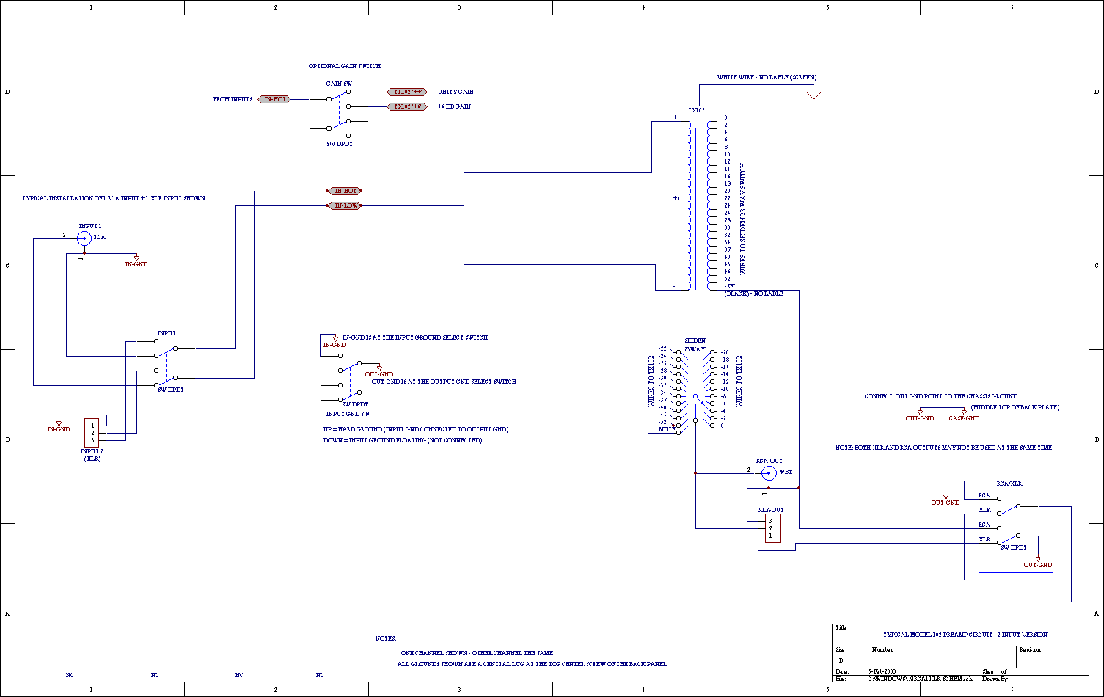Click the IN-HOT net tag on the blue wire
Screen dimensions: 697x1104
pos(345,191)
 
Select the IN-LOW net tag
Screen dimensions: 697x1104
pos(346,205)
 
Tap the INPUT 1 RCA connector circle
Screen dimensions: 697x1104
pos(84,238)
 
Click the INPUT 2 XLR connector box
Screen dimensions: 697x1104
pos(92,432)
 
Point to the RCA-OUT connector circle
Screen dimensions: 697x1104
pos(769,472)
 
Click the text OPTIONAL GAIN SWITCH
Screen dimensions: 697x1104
pos(344,66)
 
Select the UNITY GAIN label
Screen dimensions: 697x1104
pos(456,92)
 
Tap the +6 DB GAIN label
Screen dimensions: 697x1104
pos(454,106)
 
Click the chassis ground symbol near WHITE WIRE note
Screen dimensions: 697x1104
pos(813,95)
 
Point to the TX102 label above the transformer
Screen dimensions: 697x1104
pos(696,110)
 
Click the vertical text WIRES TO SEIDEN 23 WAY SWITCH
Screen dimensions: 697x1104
pos(742,219)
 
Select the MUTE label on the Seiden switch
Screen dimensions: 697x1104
pos(666,429)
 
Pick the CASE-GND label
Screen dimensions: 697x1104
pos(964,418)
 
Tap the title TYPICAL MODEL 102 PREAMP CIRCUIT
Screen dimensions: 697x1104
pos(965,635)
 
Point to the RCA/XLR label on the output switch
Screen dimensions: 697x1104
pos(1009,484)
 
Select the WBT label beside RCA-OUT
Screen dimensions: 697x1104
pos(785,472)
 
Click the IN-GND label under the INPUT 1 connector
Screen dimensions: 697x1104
pos(136,264)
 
